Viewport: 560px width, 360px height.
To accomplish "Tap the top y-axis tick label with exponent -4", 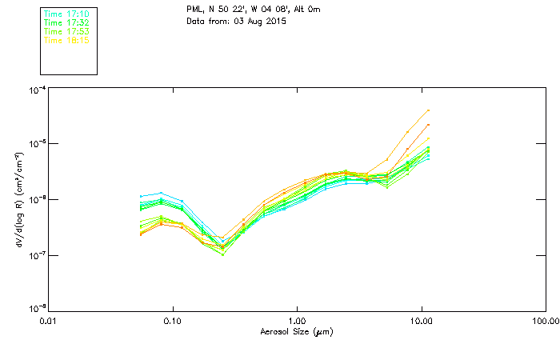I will click(x=36, y=90).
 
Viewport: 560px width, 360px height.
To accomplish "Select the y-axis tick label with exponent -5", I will click(x=36, y=144).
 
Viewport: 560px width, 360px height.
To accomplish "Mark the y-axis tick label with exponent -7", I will click(x=36, y=254).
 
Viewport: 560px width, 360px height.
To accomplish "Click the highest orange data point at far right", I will click(x=429, y=110).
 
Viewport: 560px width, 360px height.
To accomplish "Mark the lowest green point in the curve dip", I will click(x=223, y=254).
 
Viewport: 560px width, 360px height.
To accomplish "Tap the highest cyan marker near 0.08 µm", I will click(x=162, y=193).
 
